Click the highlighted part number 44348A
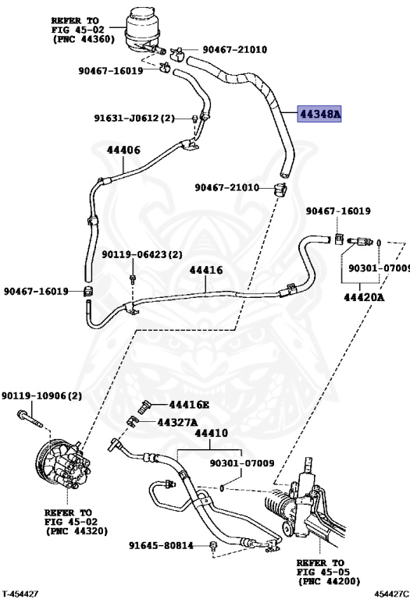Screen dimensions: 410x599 coord(319,114)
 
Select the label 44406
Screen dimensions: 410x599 coord(123,150)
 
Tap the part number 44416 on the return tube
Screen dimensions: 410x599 coord(206,270)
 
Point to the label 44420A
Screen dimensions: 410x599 coord(363,297)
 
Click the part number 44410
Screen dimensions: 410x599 coord(211,433)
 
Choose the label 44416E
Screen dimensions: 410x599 coord(189,405)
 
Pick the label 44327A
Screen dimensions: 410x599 coord(177,422)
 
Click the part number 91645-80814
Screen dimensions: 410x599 coord(161,545)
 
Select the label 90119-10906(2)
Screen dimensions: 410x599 coord(41,395)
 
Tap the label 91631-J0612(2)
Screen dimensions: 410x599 coord(134,118)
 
